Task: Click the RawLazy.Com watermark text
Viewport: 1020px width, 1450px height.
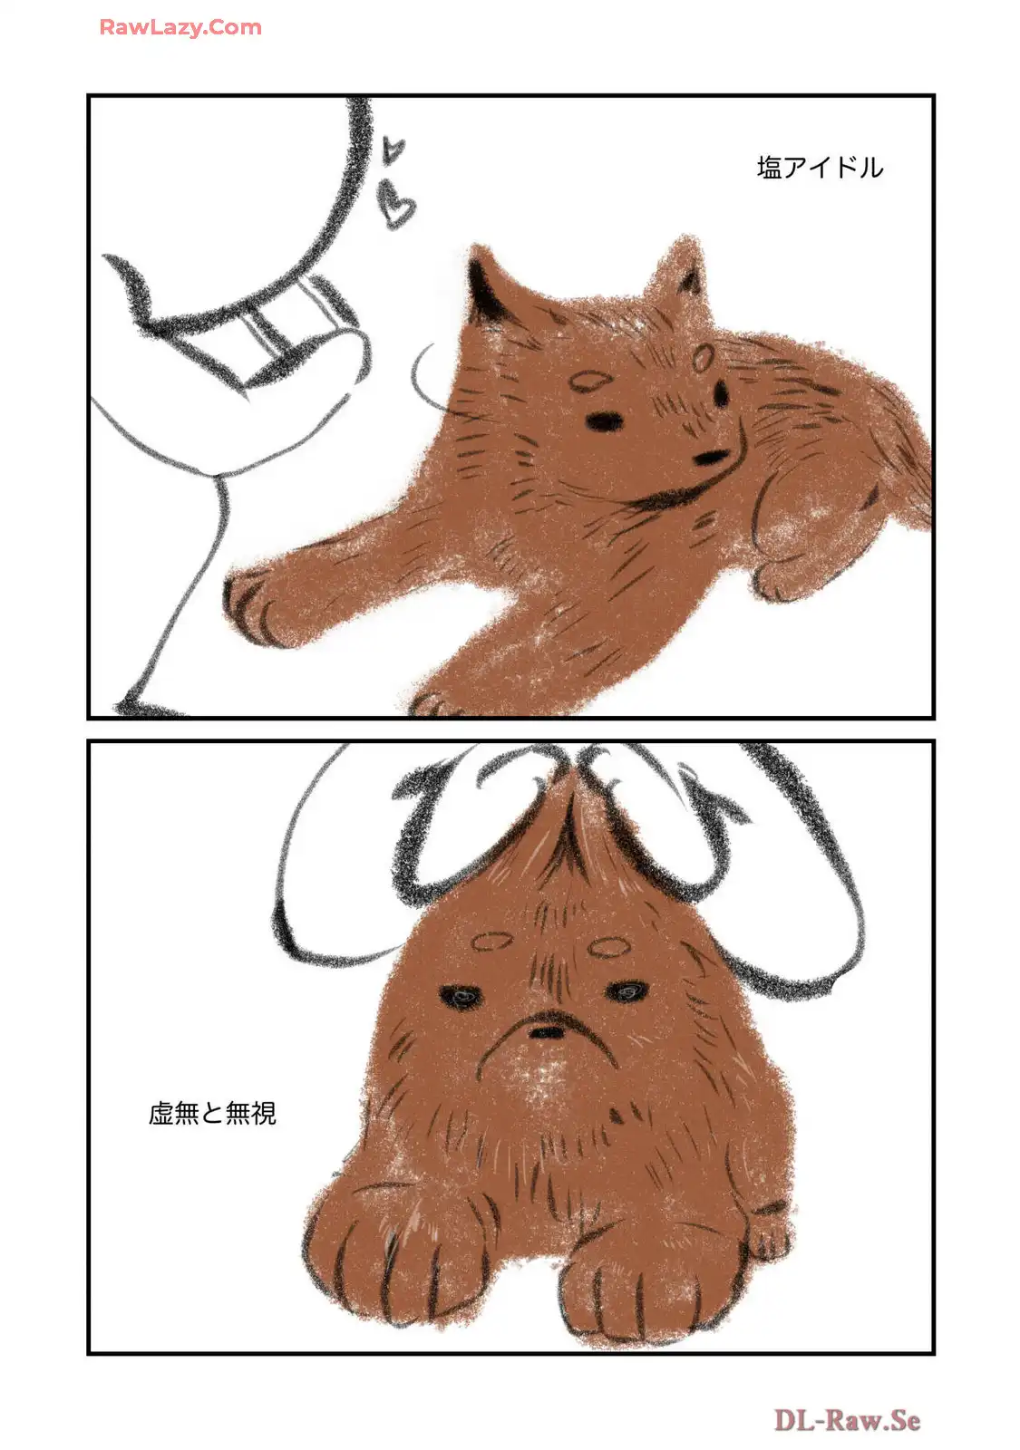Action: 180,27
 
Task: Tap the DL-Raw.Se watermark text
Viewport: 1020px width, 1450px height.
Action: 847,1420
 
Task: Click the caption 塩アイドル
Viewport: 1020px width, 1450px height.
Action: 820,168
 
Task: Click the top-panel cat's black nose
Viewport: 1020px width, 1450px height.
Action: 710,457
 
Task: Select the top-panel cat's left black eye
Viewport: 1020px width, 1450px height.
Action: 604,421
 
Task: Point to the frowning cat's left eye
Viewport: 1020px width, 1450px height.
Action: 461,996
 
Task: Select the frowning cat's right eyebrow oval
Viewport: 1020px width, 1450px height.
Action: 609,947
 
